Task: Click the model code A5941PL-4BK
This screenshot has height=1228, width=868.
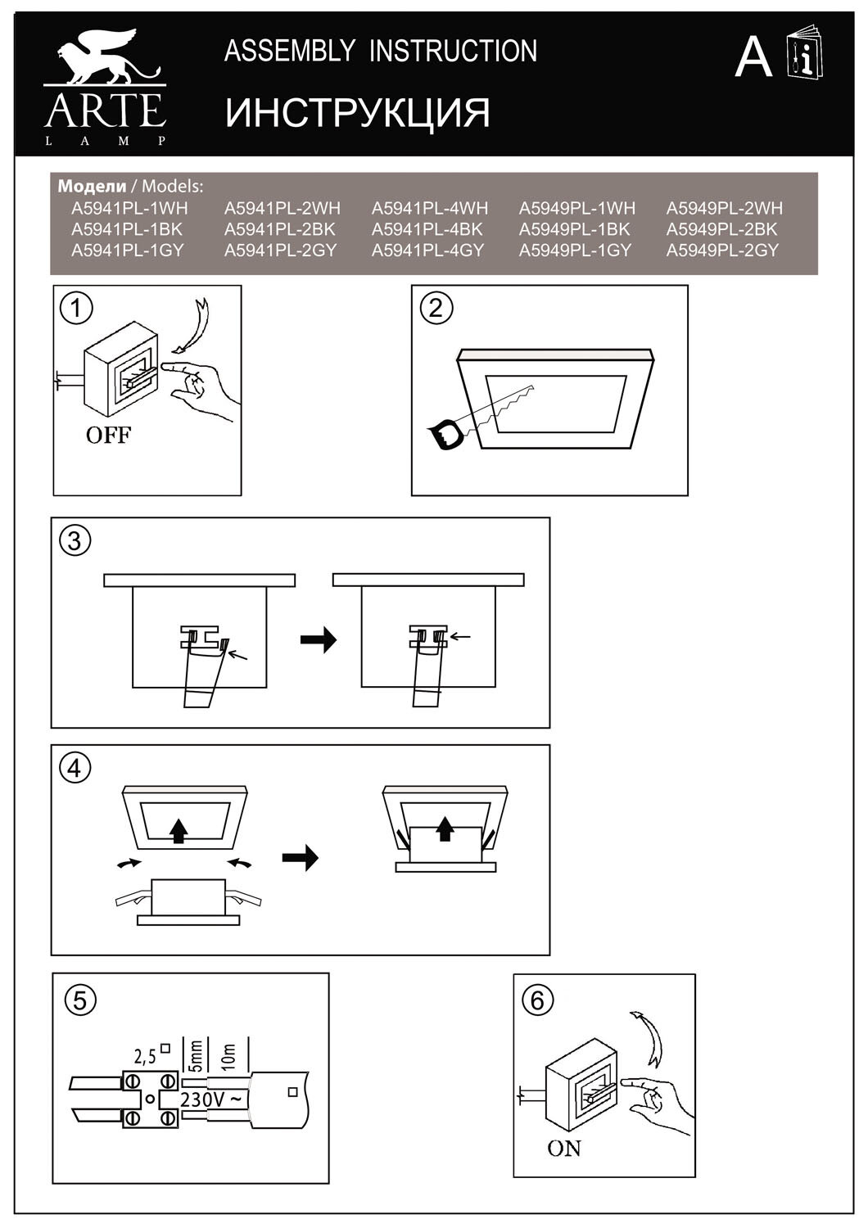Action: tap(427, 230)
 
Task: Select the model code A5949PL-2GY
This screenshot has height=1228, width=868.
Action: tap(721, 251)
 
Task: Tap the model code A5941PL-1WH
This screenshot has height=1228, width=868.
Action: tap(129, 209)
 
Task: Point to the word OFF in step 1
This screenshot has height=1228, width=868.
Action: tap(108, 436)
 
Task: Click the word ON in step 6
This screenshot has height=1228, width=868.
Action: tap(564, 1149)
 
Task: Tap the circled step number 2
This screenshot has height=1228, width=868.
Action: tap(436, 308)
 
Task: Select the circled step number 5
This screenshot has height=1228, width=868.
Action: tap(79, 1000)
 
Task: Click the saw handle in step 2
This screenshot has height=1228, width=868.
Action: tap(445, 434)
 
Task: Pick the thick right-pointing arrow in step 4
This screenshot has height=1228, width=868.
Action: tap(300, 858)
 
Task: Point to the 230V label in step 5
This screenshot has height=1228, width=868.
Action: tap(210, 1099)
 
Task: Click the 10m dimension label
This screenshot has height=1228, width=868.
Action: tap(229, 1057)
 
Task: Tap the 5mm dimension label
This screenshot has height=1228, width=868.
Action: tap(193, 1057)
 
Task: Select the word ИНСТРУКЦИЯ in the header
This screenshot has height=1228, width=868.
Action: tap(358, 113)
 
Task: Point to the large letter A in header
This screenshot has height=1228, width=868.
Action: tap(753, 57)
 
